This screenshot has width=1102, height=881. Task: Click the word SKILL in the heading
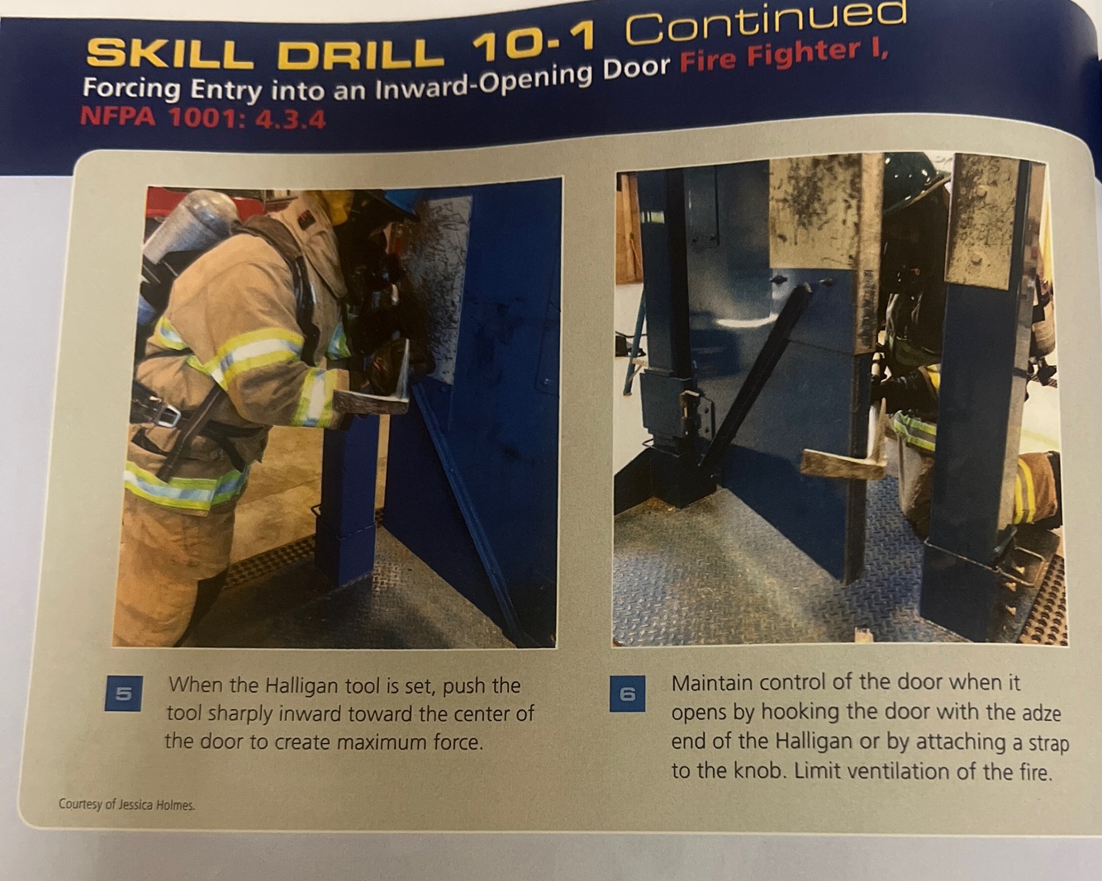point(169,54)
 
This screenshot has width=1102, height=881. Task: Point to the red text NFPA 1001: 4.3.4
point(202,118)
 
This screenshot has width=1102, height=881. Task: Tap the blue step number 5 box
point(124,694)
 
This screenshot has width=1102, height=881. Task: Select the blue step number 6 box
point(628,694)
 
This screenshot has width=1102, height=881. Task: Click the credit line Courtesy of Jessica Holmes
point(127,804)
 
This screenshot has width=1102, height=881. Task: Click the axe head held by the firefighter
point(374,389)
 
